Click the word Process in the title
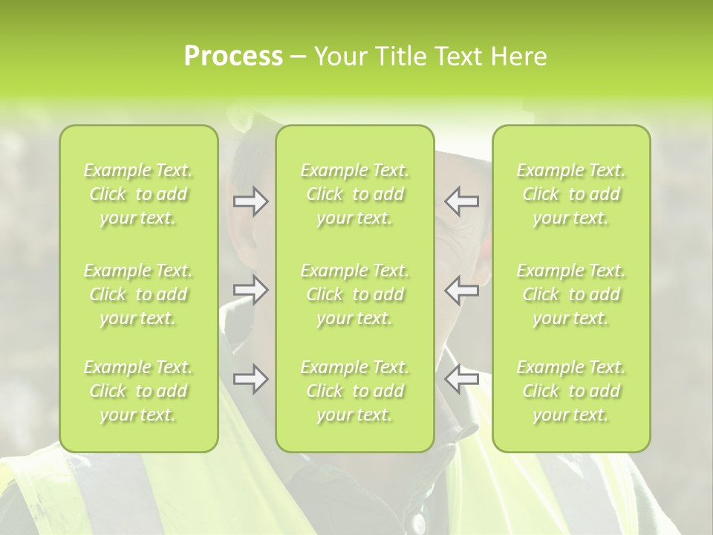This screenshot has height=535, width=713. (233, 56)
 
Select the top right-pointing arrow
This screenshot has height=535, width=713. (251, 201)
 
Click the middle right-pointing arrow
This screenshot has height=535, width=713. (251, 290)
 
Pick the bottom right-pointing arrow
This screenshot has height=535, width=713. (251, 379)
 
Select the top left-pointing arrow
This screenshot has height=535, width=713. (462, 201)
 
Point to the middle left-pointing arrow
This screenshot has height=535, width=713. (462, 290)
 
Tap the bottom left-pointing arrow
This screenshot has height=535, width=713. (462, 379)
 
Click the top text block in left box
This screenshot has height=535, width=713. (138, 194)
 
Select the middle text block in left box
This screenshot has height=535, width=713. (138, 294)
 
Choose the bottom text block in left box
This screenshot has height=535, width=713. (138, 391)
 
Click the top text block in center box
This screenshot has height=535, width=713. (355, 194)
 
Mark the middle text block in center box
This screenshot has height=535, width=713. (355, 294)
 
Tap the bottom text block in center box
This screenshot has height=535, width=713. (355, 391)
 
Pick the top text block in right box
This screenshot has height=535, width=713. (571, 194)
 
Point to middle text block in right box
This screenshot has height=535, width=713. (571, 294)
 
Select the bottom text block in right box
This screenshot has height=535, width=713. (571, 391)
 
